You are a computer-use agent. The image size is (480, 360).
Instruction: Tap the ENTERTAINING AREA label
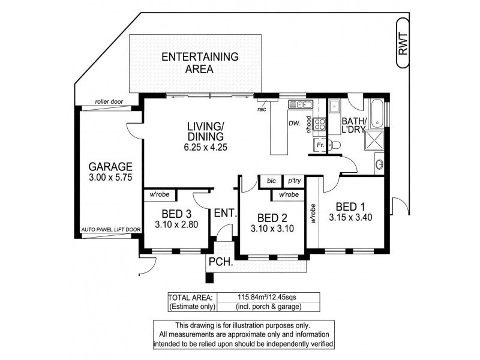coord(200,62)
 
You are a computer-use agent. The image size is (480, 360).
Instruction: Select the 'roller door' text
coord(109,102)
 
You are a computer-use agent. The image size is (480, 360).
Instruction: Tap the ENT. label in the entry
coord(226,212)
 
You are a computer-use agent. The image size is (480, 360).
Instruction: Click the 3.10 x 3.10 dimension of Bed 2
coord(273,228)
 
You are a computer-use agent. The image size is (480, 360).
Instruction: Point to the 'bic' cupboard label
coord(271,181)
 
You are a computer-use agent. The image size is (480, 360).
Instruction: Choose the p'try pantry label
coord(294,181)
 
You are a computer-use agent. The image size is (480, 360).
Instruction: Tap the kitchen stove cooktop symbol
coord(320,125)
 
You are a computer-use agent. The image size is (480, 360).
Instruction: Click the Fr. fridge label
coord(320,145)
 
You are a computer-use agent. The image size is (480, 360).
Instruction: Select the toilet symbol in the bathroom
coord(334,145)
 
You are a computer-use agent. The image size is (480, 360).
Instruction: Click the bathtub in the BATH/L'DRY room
coord(377,113)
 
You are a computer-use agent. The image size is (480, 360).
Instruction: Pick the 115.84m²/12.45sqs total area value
coord(269,296)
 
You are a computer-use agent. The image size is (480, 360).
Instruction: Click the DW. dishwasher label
coord(294,124)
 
